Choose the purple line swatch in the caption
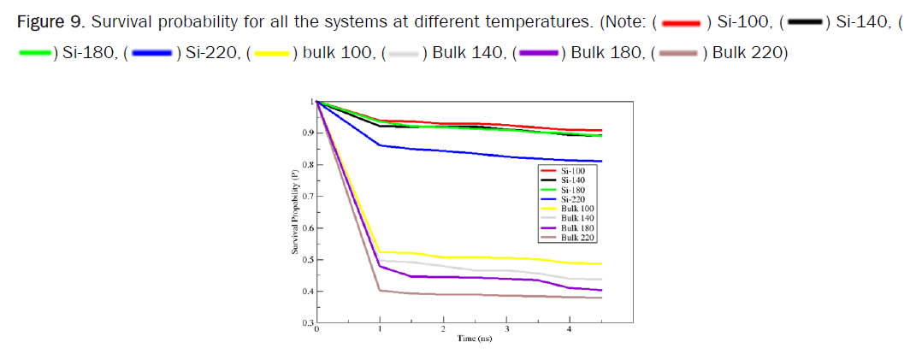point(537,54)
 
